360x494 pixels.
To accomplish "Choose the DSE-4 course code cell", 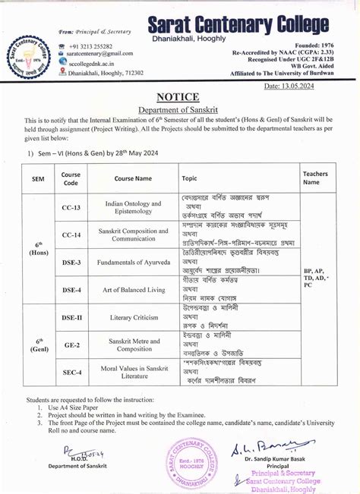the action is pos(71,290).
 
